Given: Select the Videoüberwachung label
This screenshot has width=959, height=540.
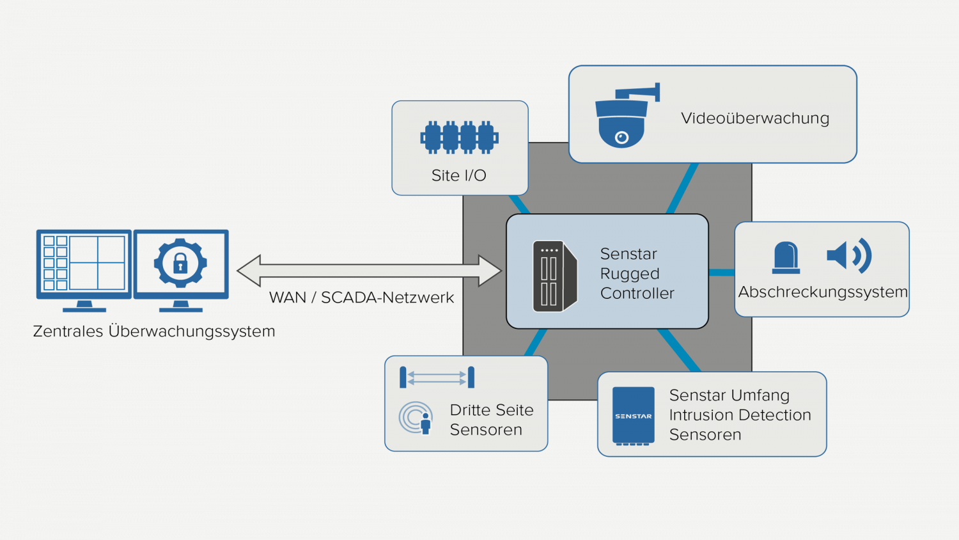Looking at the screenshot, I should tap(754, 118).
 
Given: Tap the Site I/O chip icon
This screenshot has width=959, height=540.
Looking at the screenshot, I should tap(459, 138).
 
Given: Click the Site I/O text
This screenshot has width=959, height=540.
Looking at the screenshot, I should tap(458, 175).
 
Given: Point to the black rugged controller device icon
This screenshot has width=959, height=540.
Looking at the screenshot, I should tap(554, 276).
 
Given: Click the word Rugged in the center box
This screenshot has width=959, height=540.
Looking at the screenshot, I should tap(629, 274).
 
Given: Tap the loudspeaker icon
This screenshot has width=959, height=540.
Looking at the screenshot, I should tap(848, 255).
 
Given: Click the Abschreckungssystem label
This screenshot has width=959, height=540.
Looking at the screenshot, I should tap(822, 292).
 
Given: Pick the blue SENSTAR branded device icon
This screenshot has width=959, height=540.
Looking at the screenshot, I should tap(633, 416).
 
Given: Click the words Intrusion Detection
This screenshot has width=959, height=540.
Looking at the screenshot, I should tap(740, 415).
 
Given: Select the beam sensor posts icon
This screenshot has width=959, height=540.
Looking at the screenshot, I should tap(437, 377).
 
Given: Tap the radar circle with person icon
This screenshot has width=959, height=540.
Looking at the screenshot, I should tap(416, 418).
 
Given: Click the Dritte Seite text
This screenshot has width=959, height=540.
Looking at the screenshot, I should tap(491, 410).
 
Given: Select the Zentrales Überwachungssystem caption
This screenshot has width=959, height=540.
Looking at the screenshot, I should tap(154, 331).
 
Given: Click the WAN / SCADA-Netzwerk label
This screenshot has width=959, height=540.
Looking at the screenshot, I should tap(361, 298).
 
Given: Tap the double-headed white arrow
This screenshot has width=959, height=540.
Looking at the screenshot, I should tap(369, 271).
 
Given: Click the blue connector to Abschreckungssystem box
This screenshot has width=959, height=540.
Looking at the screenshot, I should tap(722, 273).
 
